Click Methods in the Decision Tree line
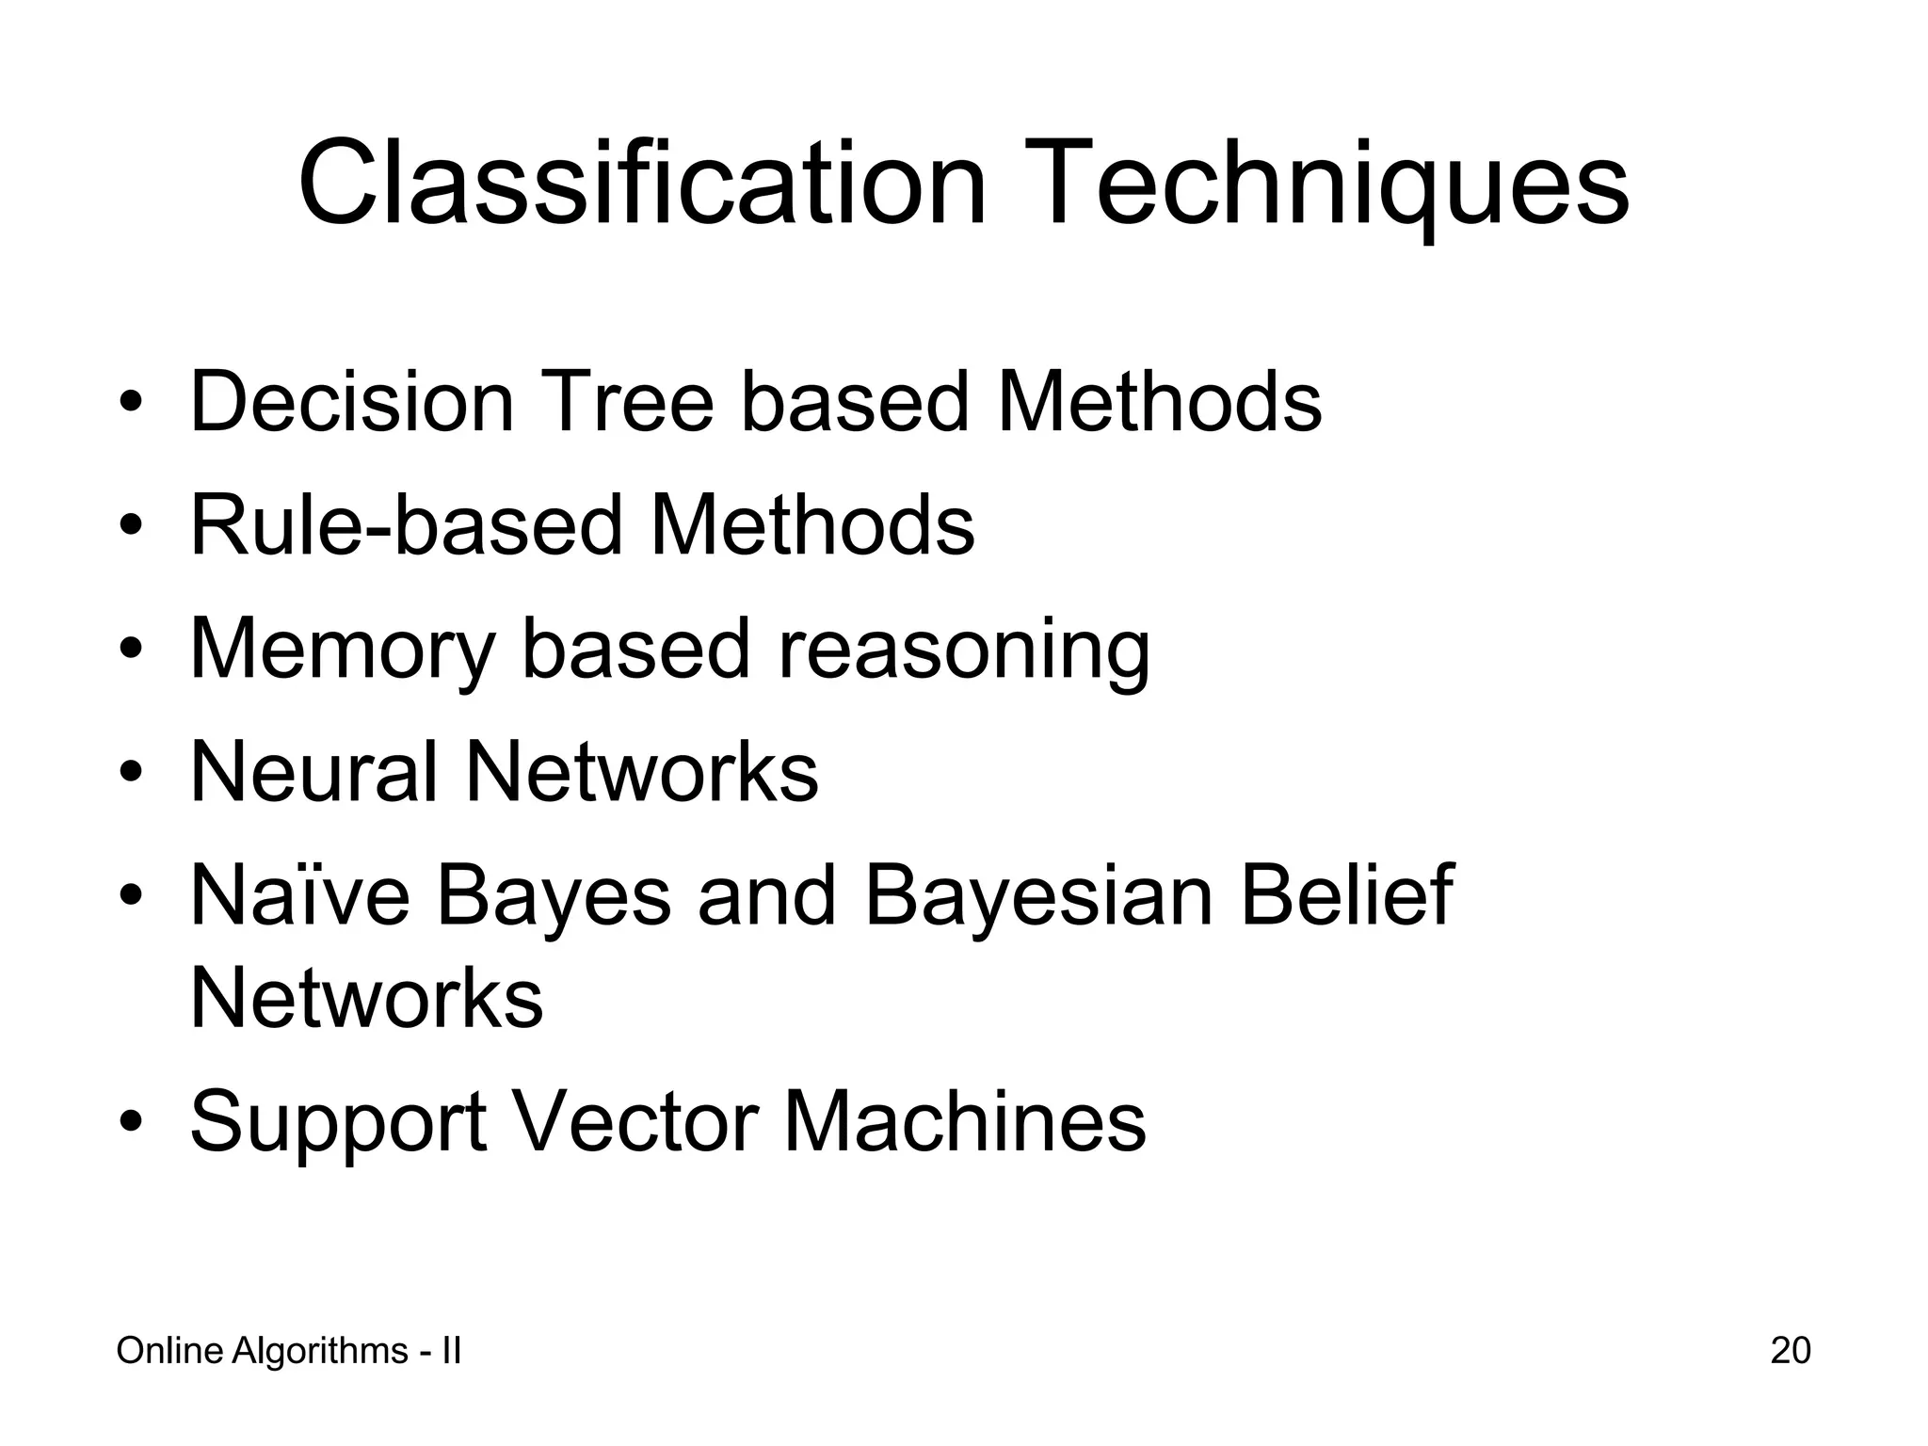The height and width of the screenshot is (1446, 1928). pyautogui.click(x=1159, y=402)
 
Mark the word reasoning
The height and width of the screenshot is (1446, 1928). pyautogui.click(x=962, y=650)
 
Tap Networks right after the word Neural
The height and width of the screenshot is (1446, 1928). pyautogui.click(x=642, y=772)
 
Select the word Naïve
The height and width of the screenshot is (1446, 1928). pyautogui.click(x=300, y=895)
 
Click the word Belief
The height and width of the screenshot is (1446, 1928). pyautogui.click(x=1347, y=895)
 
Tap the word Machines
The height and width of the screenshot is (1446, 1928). pyautogui.click(x=965, y=1122)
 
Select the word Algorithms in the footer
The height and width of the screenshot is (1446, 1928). pyautogui.click(x=319, y=1352)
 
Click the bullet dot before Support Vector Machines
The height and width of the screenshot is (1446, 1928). pyautogui.click(x=131, y=1123)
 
